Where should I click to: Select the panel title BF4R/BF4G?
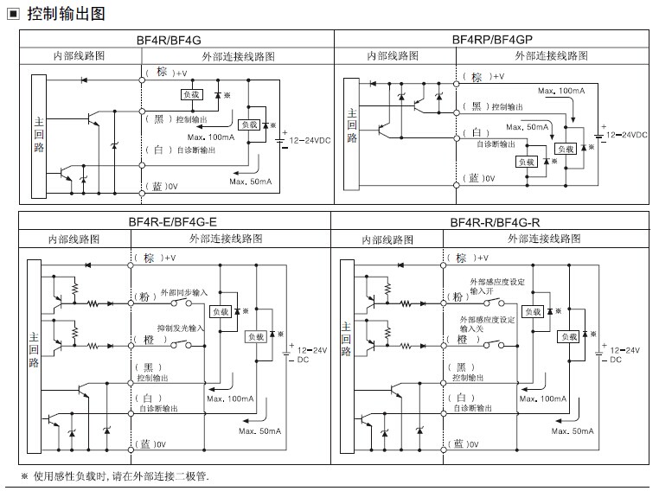coord(174,40)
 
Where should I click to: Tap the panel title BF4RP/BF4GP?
coord(491,40)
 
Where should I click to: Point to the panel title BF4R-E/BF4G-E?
coord(173,222)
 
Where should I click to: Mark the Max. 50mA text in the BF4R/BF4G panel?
coord(249,181)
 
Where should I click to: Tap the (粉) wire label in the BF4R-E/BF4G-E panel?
coord(145,296)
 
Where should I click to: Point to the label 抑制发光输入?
coord(181,328)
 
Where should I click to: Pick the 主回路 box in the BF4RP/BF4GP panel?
coord(351,126)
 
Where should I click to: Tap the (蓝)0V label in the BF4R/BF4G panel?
coord(161,186)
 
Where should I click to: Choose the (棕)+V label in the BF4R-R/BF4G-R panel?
coord(471,258)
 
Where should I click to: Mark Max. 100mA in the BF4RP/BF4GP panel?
coord(560,90)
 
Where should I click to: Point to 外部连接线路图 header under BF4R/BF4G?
coord(239,56)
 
